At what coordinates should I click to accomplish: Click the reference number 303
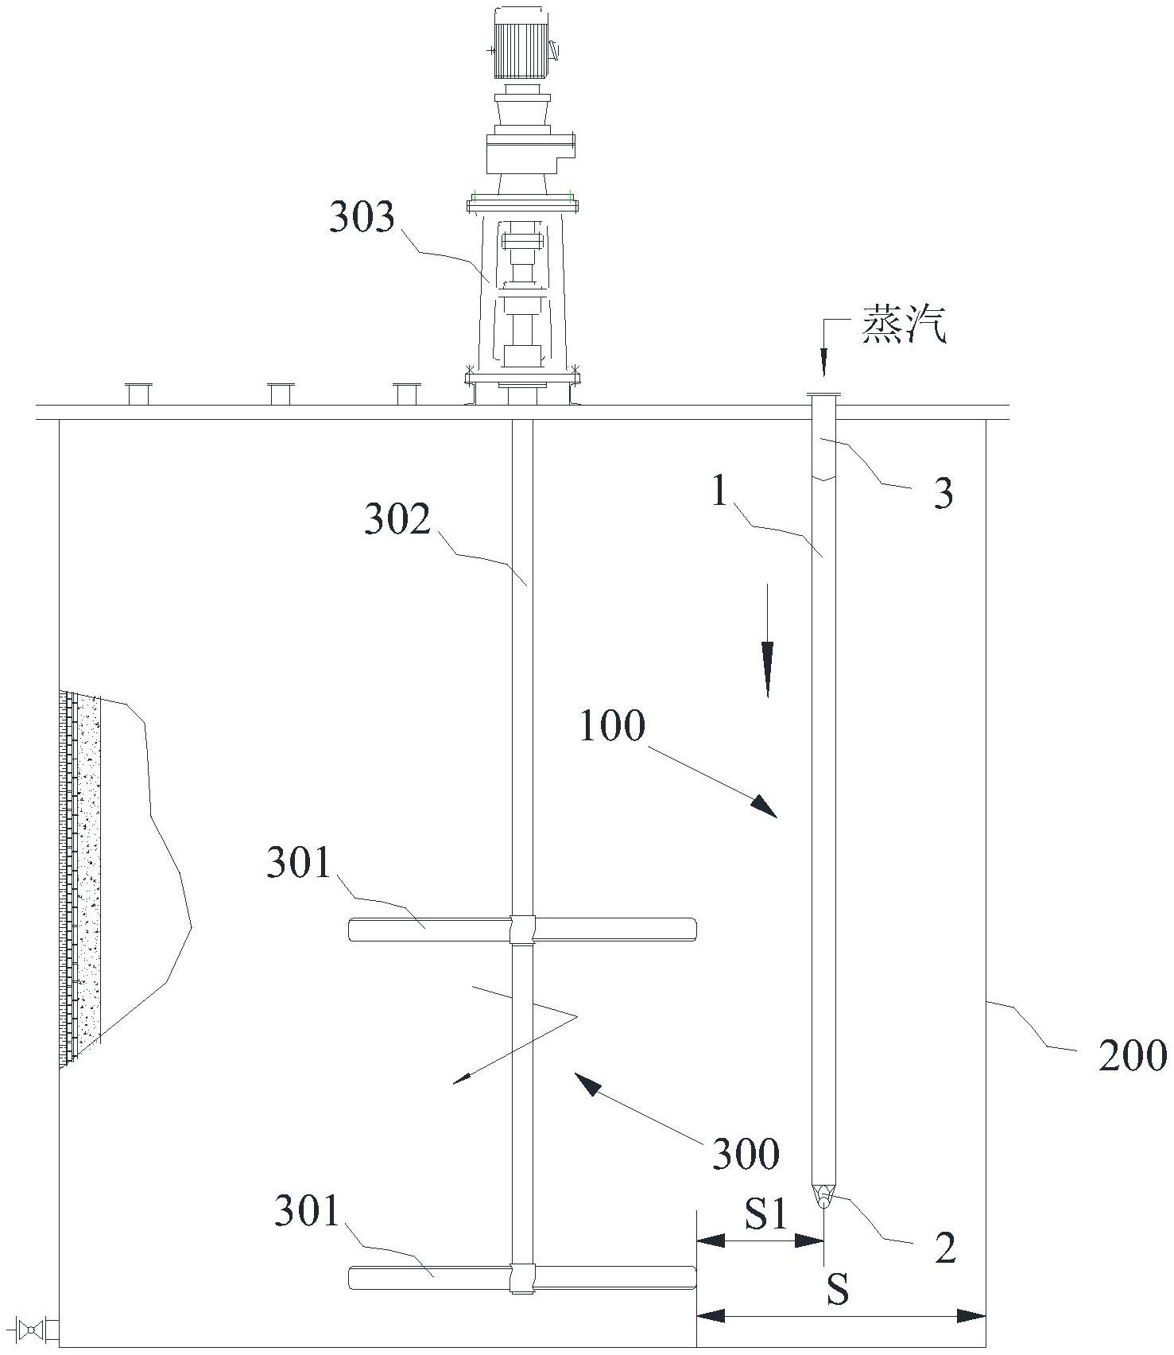pos(362,217)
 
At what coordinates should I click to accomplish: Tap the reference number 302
pos(397,520)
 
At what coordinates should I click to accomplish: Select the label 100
pos(611,726)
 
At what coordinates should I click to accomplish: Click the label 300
pos(745,1154)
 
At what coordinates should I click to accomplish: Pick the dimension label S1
pos(766,1214)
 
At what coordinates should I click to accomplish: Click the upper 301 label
pos(298,862)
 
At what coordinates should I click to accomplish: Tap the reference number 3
pos(943,495)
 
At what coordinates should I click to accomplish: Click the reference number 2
pos(944,1248)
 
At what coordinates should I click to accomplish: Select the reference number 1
pos(719,493)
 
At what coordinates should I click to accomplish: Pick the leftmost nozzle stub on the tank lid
pos(138,393)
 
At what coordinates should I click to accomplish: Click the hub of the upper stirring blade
pos(522,929)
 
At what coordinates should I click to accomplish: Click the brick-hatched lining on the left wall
pos(79,875)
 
